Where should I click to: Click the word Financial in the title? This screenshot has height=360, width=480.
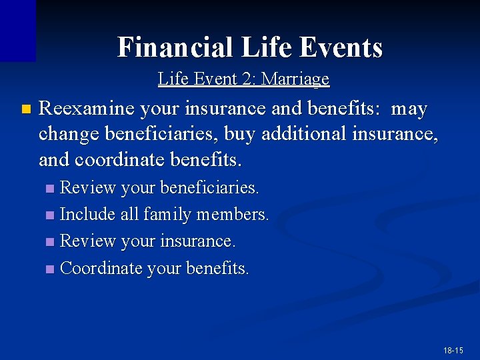[x=175, y=47]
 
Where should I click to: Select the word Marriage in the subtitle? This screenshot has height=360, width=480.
[x=295, y=79]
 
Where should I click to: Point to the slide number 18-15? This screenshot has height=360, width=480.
[x=453, y=350]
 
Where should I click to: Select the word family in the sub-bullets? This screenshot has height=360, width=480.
[x=166, y=215]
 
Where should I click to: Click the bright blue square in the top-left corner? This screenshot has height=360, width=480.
[x=17, y=30]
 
